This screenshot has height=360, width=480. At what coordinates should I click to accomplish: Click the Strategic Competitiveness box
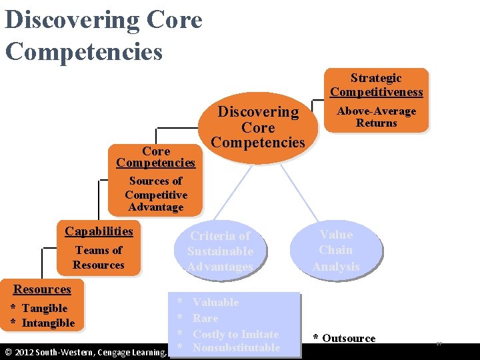pyautogui.click(x=377, y=85)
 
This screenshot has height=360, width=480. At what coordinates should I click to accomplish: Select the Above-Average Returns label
pyautogui.click(x=377, y=117)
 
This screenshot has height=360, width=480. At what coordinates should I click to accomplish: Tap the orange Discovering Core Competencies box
pyautogui.click(x=258, y=127)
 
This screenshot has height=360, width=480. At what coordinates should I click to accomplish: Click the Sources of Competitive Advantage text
pyautogui.click(x=156, y=194)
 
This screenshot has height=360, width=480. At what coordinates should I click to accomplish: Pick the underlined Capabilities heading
pyautogui.click(x=99, y=231)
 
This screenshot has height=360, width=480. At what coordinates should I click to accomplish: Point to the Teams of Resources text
pyautogui.click(x=99, y=257)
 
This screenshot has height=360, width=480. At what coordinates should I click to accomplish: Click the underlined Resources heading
pyautogui.click(x=43, y=289)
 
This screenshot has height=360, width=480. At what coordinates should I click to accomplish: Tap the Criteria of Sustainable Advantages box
pyautogui.click(x=220, y=251)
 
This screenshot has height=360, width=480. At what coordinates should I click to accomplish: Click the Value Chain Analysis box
pyautogui.click(x=336, y=250)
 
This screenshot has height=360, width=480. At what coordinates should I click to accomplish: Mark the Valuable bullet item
pyautogui.click(x=215, y=303)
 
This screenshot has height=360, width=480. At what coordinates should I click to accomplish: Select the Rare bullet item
pyautogui.click(x=205, y=319)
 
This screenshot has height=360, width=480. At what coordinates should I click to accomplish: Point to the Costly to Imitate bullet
pyautogui.click(x=235, y=334)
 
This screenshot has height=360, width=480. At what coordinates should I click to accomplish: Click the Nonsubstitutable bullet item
pyautogui.click(x=236, y=348)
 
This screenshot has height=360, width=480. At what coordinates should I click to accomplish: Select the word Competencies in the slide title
pyautogui.click(x=84, y=51)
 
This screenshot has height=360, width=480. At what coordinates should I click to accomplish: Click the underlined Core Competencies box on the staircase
pyautogui.click(x=156, y=157)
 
